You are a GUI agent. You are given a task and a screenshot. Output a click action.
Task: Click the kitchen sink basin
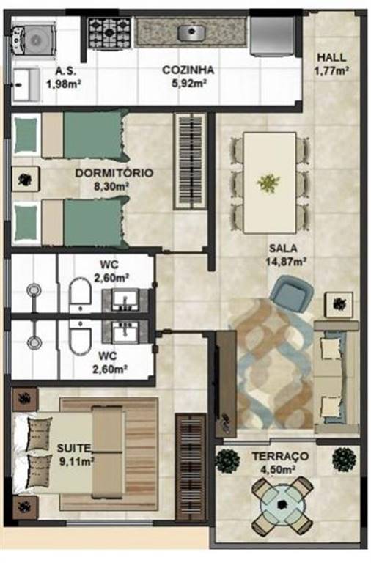(191, 33)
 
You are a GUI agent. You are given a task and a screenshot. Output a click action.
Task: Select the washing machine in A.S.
(34, 39)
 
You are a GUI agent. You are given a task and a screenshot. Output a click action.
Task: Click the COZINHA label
(188, 70)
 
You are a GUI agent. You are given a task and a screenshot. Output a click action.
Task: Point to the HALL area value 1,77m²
(332, 70)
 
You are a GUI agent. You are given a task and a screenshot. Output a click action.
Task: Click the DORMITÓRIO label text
(114, 173)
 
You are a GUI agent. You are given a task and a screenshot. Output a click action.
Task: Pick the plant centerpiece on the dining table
(268, 183)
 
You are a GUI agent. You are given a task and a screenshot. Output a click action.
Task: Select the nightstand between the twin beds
(25, 179)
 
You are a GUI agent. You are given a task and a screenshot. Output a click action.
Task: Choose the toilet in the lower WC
(80, 337)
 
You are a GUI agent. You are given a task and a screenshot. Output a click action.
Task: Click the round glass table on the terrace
(282, 504)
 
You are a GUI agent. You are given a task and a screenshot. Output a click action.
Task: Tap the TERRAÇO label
(280, 457)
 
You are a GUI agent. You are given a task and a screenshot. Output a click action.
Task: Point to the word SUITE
(74, 448)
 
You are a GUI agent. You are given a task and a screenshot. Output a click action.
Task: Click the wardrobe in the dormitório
(191, 161)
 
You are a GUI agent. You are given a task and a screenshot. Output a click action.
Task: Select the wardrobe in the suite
(191, 466)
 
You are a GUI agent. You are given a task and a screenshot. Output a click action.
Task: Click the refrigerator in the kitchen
(273, 36)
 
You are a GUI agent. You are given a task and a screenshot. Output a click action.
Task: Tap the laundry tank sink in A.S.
(26, 85)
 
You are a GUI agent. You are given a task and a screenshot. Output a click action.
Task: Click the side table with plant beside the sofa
(339, 304)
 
